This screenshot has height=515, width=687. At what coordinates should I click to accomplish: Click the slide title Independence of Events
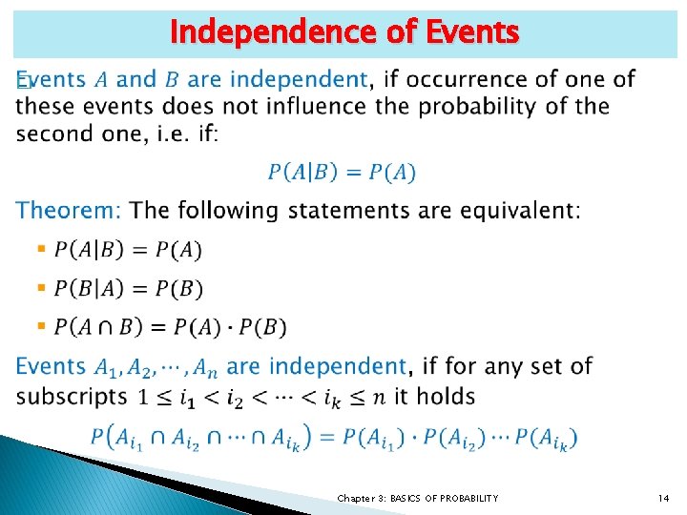(x=343, y=32)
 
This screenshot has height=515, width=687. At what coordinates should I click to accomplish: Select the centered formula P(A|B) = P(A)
(x=342, y=173)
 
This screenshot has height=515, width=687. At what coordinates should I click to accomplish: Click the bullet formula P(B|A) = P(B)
(x=129, y=288)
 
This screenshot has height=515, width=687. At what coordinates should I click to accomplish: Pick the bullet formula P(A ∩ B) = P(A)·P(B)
(x=170, y=327)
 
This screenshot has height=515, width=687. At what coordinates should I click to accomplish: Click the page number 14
(x=664, y=499)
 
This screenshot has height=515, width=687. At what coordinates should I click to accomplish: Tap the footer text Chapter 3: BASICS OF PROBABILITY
(x=418, y=499)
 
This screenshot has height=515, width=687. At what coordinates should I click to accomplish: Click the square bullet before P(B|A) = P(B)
(x=41, y=287)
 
